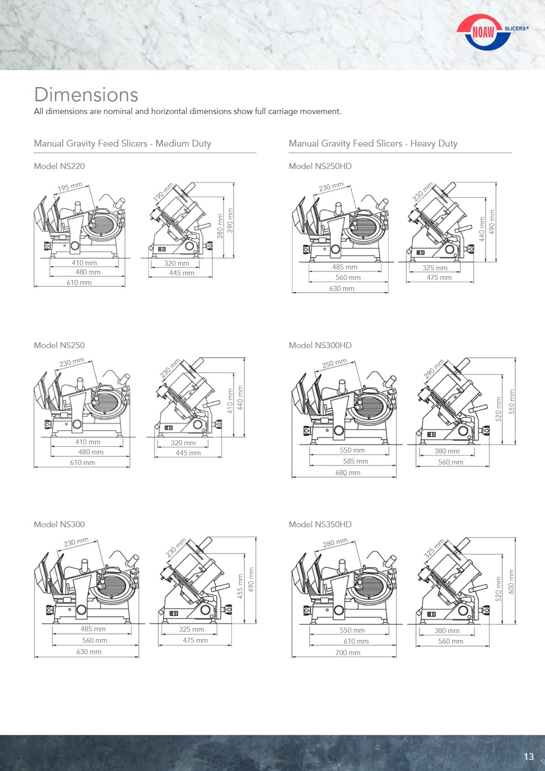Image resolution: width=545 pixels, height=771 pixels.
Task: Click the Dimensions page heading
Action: [86, 95]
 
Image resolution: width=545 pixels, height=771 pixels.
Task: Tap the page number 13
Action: [529, 756]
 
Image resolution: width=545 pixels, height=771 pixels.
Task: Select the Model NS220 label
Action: [59, 166]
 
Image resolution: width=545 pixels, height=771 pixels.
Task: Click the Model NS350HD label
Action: [320, 525]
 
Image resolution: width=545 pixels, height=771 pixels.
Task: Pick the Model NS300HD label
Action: [320, 345]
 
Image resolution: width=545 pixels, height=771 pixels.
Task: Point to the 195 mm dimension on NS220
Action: [70, 187]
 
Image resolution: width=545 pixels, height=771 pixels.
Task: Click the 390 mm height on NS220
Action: [230, 220]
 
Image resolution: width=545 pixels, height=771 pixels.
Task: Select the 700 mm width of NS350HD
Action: [348, 653]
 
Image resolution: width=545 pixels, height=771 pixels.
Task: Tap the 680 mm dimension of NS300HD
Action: [348, 473]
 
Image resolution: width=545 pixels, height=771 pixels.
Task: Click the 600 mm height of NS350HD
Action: [512, 582]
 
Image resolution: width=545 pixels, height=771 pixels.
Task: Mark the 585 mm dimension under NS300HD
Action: [355, 461]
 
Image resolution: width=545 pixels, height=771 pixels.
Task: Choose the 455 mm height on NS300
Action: [240, 586]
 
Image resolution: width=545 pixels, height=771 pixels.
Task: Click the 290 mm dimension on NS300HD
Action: [434, 369]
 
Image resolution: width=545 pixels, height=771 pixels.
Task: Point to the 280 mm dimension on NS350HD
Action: [335, 543]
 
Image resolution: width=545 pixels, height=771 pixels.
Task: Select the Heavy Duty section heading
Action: [373, 143]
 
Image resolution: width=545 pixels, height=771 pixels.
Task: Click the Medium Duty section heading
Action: [122, 143]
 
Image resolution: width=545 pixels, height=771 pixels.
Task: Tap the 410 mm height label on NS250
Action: [230, 401]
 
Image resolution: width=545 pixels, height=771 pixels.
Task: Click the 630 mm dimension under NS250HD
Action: [342, 289]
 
